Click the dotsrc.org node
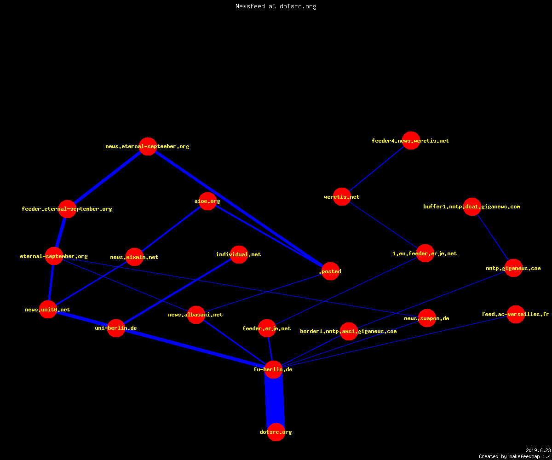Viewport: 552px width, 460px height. pyautogui.click(x=276, y=432)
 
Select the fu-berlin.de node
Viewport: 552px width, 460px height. pyautogui.click(x=273, y=369)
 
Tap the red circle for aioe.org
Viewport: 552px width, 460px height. pyautogui.click(x=207, y=201)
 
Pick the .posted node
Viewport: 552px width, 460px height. pyautogui.click(x=330, y=271)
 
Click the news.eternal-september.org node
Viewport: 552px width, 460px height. pyautogui.click(x=148, y=146)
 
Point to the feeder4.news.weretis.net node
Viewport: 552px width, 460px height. pyautogui.click(x=411, y=141)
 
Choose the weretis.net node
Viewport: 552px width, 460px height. pyautogui.click(x=342, y=197)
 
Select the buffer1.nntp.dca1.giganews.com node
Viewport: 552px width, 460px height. pyautogui.click(x=472, y=207)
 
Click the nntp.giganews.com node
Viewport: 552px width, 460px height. pyautogui.click(x=513, y=268)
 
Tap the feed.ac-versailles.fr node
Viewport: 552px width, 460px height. pyautogui.click(x=516, y=314)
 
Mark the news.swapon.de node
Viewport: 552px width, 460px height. pyautogui.click(x=427, y=318)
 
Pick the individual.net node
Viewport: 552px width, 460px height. pyautogui.click(x=239, y=254)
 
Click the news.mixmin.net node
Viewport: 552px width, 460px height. pyautogui.click(x=135, y=257)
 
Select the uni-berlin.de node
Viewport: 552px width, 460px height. pyautogui.click(x=116, y=328)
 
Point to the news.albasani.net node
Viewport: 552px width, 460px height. pyautogui.click(x=196, y=315)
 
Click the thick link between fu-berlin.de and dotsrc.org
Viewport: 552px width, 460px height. pyautogui.click(x=275, y=401)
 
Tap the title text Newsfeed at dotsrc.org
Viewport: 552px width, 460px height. pyautogui.click(x=276, y=6)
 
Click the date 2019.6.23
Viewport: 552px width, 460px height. pyautogui.click(x=538, y=450)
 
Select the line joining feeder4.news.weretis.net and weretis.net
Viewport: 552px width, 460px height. pyautogui.click(x=376, y=169)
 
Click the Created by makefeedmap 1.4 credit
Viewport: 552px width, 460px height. pyautogui.click(x=515, y=456)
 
